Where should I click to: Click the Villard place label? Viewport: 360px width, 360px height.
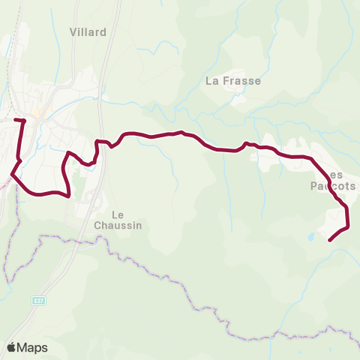88,32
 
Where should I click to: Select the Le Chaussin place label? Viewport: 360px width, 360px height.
118,218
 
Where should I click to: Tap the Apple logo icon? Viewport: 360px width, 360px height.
12,347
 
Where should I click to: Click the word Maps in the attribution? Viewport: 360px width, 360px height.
32,347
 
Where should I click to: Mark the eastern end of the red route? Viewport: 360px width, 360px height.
330,240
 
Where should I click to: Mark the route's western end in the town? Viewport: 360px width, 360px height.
16,119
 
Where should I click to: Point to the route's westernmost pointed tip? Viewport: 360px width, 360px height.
11,175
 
